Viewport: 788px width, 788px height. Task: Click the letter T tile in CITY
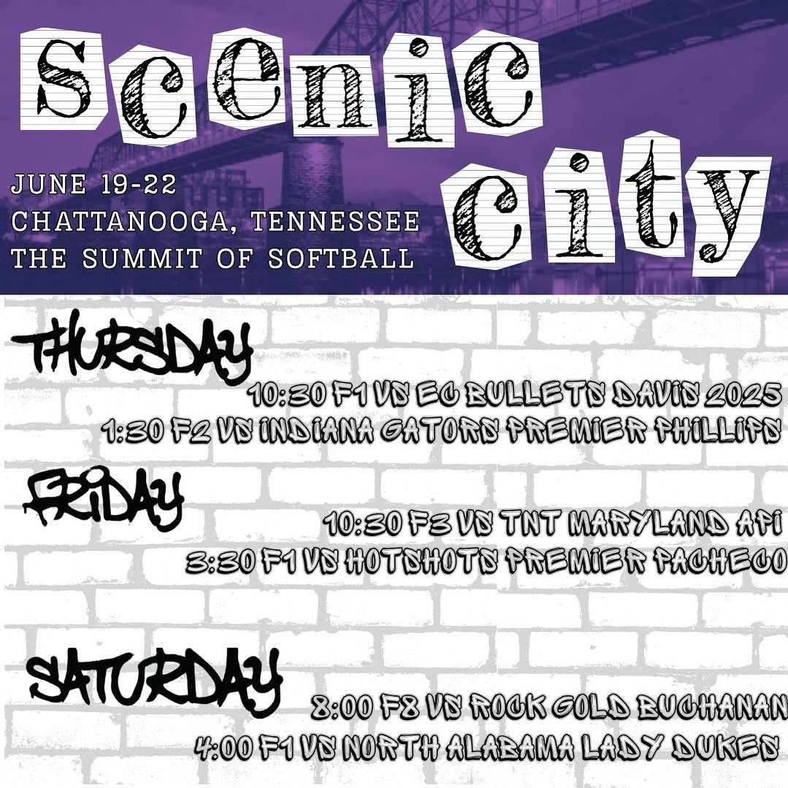tap(652, 193)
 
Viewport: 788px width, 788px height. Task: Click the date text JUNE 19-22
tap(93, 184)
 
